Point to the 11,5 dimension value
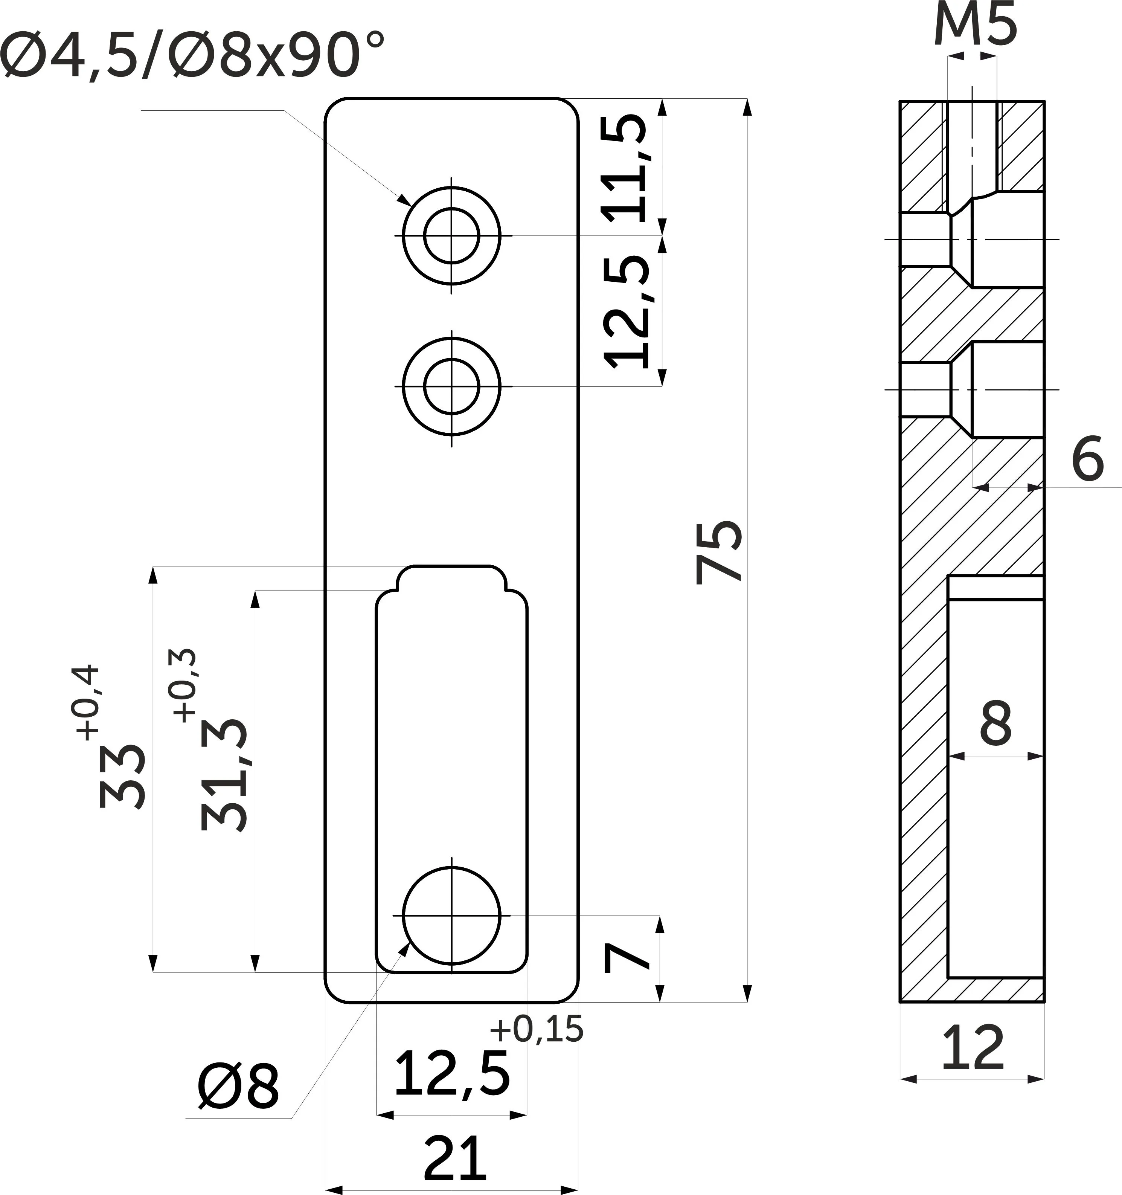coord(625,169)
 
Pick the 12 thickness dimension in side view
coord(973,1047)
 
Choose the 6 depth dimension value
coord(1088,459)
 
